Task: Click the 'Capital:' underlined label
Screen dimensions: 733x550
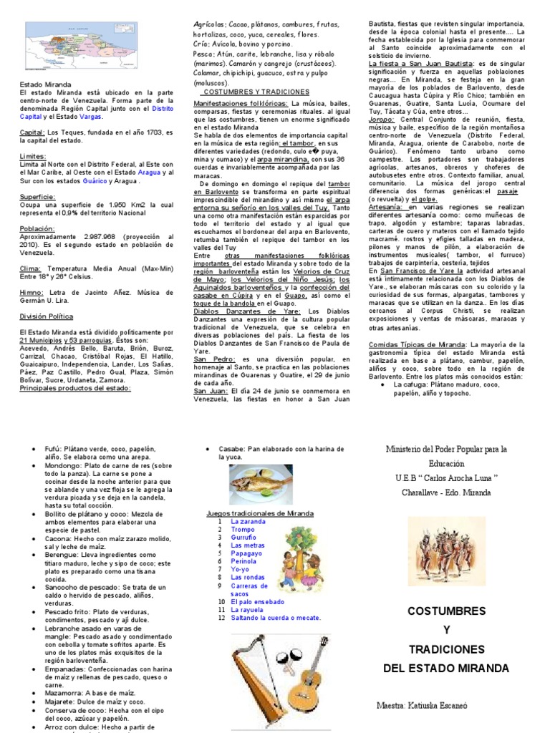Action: (x=32, y=132)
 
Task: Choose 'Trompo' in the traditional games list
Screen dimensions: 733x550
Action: (x=243, y=530)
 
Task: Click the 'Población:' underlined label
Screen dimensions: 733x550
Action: (x=37, y=228)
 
